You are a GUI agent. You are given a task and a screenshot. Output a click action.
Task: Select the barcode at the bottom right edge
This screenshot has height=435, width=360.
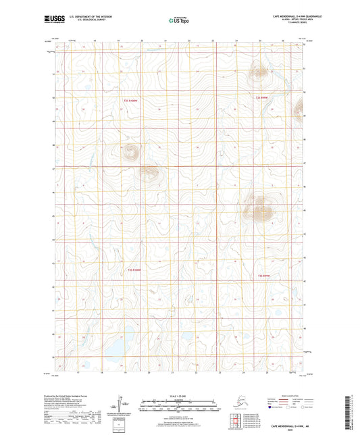(353, 412)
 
